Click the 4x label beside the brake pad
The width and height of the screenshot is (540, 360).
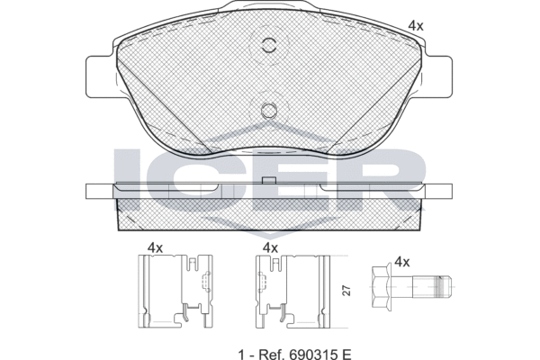pos(415,26)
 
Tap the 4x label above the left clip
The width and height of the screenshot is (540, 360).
pos(155,247)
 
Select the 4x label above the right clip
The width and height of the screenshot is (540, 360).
pos(270,247)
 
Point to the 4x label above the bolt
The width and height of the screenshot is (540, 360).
pos(402,262)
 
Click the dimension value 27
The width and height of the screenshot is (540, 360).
pos(347,291)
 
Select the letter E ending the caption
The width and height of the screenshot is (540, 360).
pos(346,354)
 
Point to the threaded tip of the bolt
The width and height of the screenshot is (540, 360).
pos(443,286)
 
